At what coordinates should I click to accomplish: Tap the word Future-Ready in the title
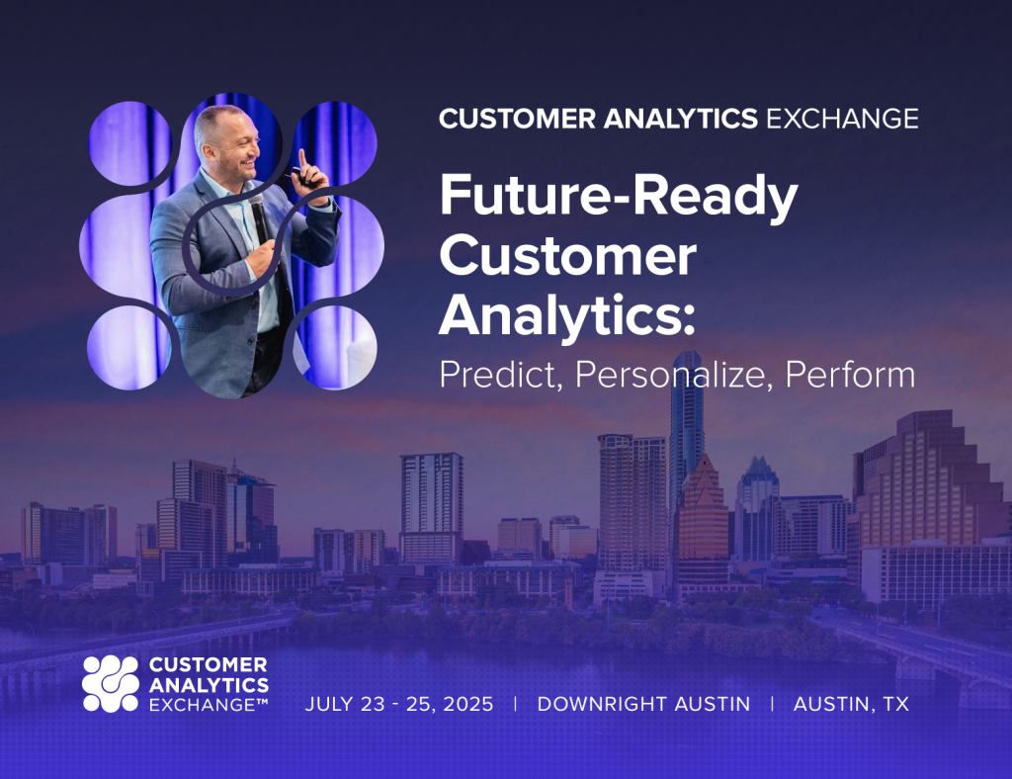pyautogui.click(x=618, y=198)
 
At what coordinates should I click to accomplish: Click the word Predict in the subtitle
pyautogui.click(x=499, y=375)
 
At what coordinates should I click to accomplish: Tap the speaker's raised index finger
pyautogui.click(x=302, y=158)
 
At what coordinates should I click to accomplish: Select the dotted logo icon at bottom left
pyautogui.click(x=110, y=683)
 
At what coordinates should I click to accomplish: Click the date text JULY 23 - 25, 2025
pyautogui.click(x=399, y=704)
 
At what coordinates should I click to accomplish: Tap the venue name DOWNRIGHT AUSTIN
pyautogui.click(x=643, y=704)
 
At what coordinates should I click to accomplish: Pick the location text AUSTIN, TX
pyautogui.click(x=851, y=704)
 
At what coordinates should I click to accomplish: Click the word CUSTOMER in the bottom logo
pyautogui.click(x=208, y=664)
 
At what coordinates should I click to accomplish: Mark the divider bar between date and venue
pyautogui.click(x=515, y=704)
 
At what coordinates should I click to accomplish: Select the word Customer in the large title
pyautogui.click(x=567, y=257)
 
